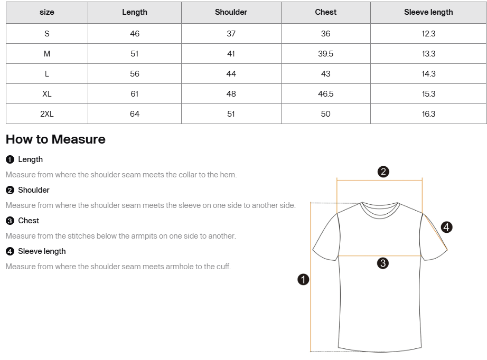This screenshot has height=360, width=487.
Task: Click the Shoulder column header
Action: (231, 12)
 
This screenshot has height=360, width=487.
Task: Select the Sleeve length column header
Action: (428, 12)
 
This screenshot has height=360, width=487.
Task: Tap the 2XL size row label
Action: (47, 114)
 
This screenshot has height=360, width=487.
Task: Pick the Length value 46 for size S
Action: (135, 34)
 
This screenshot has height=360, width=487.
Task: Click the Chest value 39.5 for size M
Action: (325, 54)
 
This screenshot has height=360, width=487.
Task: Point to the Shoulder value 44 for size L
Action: (231, 74)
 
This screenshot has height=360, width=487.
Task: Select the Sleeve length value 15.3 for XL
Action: (428, 94)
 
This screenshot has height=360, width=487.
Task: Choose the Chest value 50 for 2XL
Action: (325, 114)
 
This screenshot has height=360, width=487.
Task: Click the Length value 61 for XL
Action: (135, 94)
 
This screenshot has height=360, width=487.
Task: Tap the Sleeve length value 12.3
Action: (428, 34)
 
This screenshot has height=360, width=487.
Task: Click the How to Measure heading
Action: (55, 139)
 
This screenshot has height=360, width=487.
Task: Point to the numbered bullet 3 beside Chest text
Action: (10, 221)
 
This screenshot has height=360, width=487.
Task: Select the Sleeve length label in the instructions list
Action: (42, 251)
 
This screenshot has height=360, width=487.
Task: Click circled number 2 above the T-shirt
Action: (384, 172)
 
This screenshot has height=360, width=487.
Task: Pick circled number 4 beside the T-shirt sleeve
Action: (446, 228)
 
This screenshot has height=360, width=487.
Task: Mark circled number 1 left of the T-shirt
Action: (303, 280)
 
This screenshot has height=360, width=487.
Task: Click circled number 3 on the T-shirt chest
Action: (383, 263)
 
